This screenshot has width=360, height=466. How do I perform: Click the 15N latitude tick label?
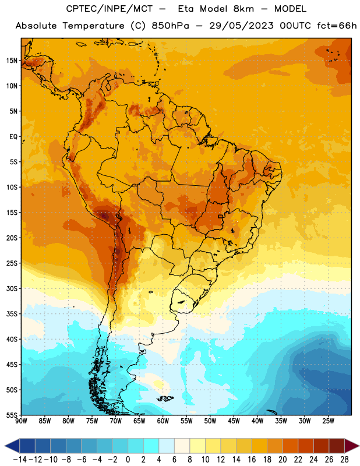click(12, 61)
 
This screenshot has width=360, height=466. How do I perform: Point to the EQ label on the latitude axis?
click(13, 137)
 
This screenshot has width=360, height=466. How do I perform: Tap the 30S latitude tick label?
click(12, 288)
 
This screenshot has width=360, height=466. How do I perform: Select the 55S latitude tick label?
click(12, 415)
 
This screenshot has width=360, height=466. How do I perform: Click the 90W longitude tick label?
click(21, 421)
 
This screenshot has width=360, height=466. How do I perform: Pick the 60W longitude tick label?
click(163, 421)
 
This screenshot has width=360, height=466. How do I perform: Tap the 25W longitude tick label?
click(328, 421)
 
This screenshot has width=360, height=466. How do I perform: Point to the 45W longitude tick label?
click(234, 421)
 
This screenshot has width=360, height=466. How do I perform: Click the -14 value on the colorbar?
click(20, 460)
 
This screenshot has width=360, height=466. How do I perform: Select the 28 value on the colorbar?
click(344, 460)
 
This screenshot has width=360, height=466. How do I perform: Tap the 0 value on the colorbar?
click(128, 460)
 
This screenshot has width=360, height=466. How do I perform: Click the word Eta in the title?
click(186, 9)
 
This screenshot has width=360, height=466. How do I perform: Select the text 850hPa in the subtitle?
click(170, 26)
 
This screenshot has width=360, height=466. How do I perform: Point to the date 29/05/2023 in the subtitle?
click(241, 26)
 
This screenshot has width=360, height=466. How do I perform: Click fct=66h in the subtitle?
click(337, 26)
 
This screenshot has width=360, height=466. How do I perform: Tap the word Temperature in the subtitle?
click(93, 26)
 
